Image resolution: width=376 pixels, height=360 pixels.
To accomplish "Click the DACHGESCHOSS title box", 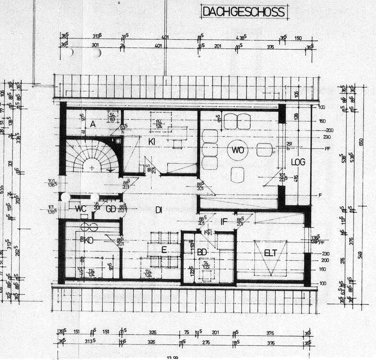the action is (244, 12).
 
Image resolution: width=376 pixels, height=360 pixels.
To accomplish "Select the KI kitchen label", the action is (152, 142).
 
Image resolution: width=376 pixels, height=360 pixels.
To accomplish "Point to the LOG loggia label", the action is (298, 162).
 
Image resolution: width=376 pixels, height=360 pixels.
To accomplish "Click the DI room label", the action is (158, 209).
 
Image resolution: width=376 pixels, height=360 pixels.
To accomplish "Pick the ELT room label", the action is (271, 253).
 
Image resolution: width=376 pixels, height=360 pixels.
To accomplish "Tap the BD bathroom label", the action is (201, 252).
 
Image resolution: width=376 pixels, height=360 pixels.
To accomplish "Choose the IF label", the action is (224, 221).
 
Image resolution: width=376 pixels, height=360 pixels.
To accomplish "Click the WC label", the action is (80, 208).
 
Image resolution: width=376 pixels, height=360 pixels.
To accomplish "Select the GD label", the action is (111, 209).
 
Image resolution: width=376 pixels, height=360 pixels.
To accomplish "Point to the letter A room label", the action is (93, 123).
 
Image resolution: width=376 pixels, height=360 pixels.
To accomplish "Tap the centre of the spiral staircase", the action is (92, 168).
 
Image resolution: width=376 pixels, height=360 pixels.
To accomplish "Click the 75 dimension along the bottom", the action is (187, 332).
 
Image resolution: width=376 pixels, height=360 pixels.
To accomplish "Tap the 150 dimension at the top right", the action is (298, 38).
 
